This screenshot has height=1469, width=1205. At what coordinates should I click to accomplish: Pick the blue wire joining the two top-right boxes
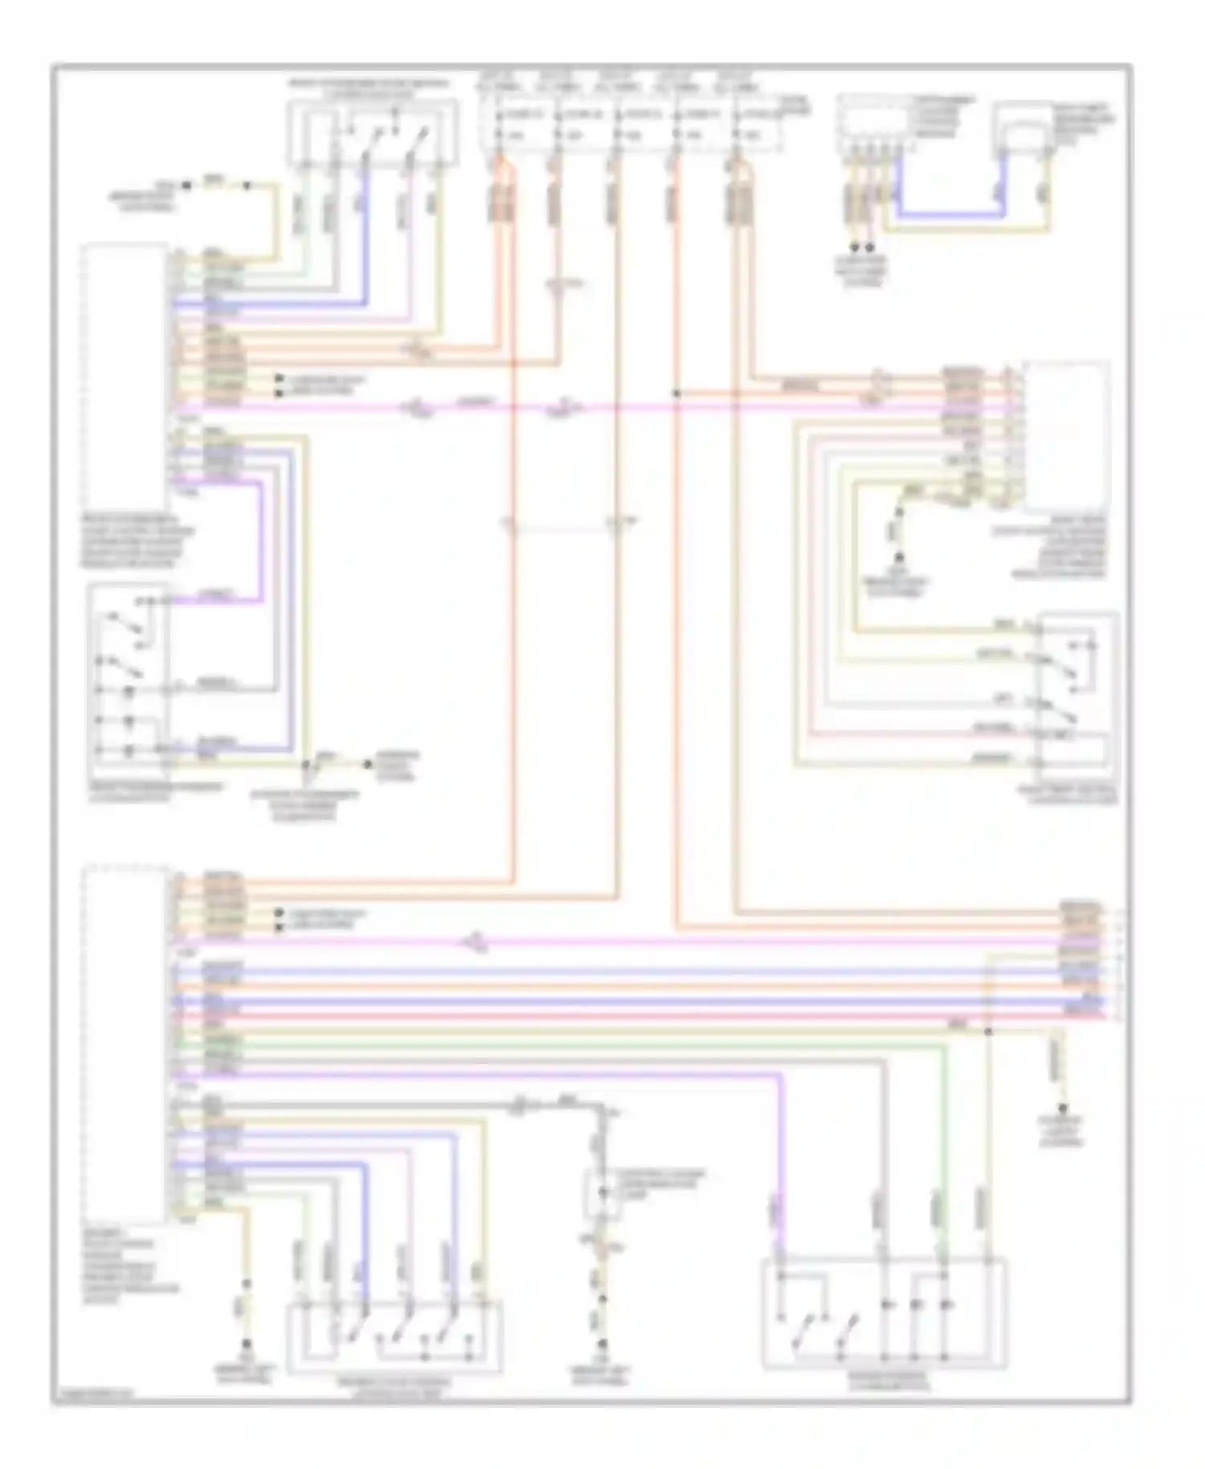948,215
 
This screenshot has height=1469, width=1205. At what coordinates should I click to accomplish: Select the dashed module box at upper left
125,374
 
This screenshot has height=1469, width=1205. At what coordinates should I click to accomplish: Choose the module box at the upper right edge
1066,434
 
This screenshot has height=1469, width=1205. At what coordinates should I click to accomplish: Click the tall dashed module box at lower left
125,1041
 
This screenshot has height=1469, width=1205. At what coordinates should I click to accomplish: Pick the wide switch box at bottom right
884,1314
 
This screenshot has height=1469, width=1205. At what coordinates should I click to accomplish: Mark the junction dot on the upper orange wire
677,394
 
